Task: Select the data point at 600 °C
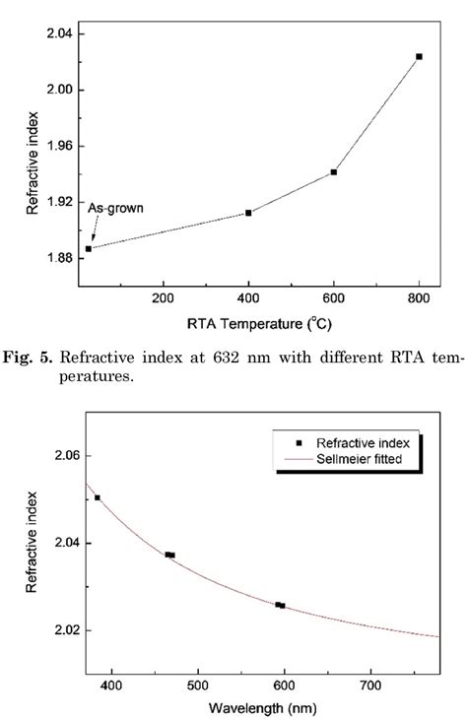(334, 172)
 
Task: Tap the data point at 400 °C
(248, 213)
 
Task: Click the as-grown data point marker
(88, 248)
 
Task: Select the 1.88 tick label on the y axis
(58, 259)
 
